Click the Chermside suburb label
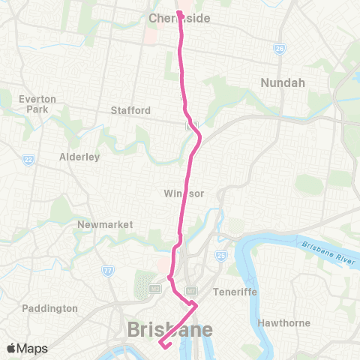coord(179,18)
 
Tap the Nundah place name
coord(282,82)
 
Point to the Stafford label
coord(130,110)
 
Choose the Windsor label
coord(184,193)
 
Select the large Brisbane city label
coord(170,328)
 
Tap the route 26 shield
coord(279,48)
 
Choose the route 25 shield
coord(221,256)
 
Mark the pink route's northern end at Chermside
coord(180,13)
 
